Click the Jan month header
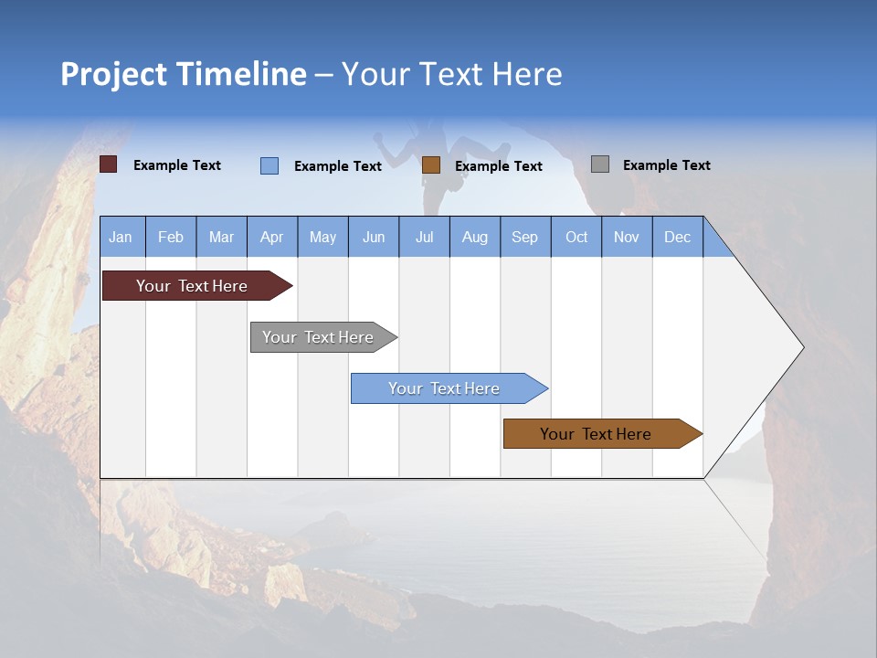[122, 237]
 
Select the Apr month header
[272, 237]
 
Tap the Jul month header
[424, 237]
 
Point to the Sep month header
[525, 237]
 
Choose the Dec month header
[677, 237]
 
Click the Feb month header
[171, 237]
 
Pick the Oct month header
[576, 237]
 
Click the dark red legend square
[109, 164]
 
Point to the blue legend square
[269, 165]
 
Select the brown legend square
[431, 165]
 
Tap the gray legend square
[600, 164]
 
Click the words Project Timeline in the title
[184, 74]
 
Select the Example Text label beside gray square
[666, 165]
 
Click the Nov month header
[627, 237]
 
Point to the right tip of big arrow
[802, 347]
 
